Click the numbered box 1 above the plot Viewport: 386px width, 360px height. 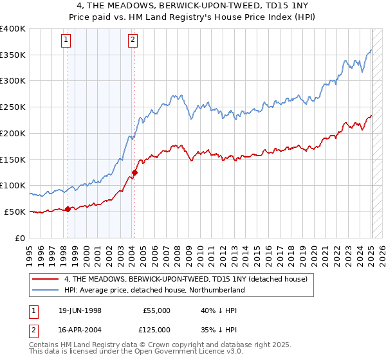pos(66,40)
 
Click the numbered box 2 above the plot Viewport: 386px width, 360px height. pos(133,40)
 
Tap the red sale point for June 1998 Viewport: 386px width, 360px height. pos(68,208)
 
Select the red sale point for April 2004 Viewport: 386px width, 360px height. pos(134,172)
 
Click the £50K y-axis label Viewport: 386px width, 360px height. pos(15,212)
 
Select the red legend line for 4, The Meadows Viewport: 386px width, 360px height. pos(46,279)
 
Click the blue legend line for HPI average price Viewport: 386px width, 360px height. pos(46,290)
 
